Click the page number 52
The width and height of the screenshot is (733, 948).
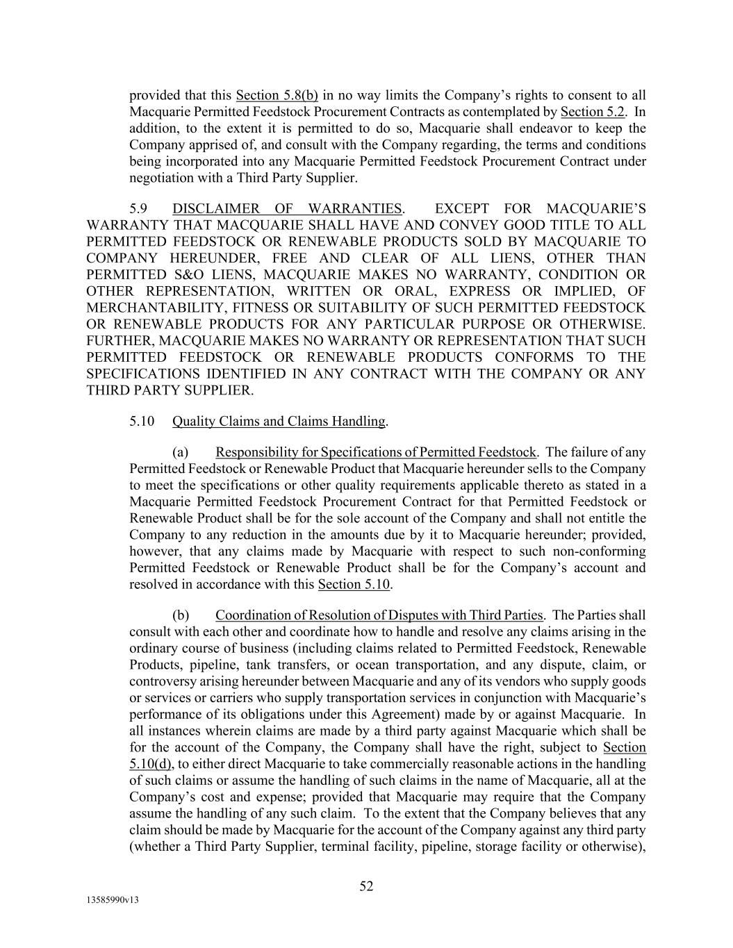pyautogui.click(x=366, y=885)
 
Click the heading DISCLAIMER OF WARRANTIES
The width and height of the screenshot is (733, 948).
pyautogui.click(x=287, y=208)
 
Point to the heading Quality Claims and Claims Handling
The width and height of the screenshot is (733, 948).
pyautogui.click(x=279, y=421)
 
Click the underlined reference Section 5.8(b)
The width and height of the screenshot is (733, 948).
pyautogui.click(x=277, y=95)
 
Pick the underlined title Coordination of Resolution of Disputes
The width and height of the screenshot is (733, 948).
pyautogui.click(x=379, y=615)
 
